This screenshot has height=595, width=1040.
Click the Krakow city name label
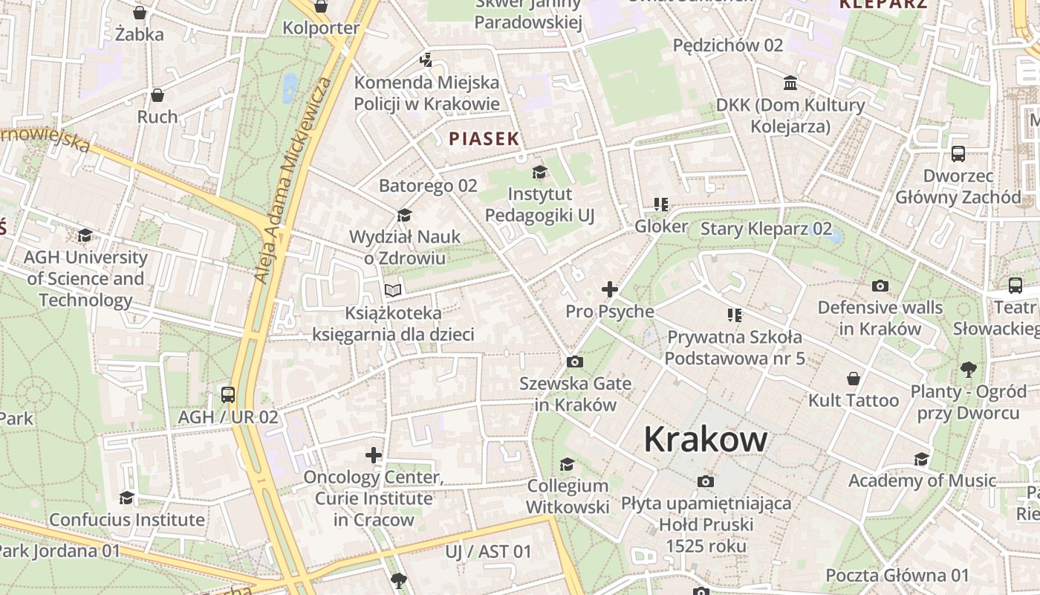point(705,439)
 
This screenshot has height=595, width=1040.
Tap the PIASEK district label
point(484,139)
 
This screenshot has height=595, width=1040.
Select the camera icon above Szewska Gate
point(574,362)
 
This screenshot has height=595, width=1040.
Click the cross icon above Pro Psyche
point(610,289)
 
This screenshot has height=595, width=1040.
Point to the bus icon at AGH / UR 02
point(228,395)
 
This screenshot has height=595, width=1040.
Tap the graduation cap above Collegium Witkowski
point(567,464)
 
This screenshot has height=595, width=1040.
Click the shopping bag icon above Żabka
point(139,12)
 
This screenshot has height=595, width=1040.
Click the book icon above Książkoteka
point(393,290)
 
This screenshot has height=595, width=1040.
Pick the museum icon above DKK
point(790,83)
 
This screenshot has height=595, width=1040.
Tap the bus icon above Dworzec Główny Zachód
point(958,154)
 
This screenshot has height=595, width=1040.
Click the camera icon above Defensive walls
point(880,286)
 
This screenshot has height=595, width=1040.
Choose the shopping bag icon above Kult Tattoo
point(854,379)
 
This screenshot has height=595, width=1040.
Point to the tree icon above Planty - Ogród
point(968,368)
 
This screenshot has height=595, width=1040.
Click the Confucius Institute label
point(127,519)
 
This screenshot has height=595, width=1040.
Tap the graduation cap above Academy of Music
point(922,459)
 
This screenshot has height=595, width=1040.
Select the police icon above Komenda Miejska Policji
point(426,59)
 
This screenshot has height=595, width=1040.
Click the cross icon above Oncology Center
point(374,454)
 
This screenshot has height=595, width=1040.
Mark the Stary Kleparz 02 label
point(766,228)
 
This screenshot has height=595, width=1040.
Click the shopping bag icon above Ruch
point(157,95)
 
